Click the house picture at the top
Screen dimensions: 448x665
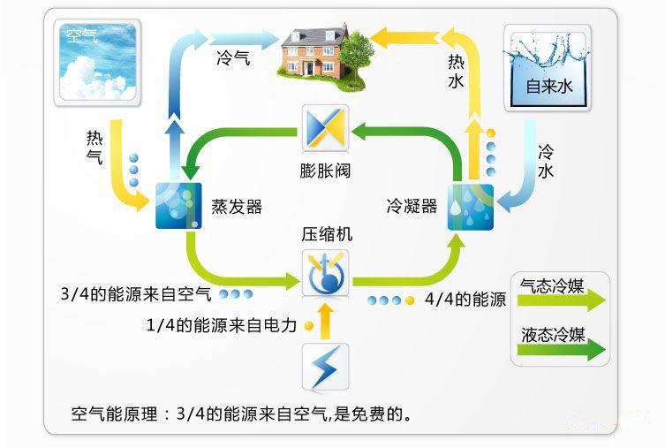coord(310,52)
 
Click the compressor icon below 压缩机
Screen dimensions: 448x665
coord(325,272)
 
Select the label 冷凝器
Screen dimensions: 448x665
coord(412,206)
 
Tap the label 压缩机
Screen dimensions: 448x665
coord(326,234)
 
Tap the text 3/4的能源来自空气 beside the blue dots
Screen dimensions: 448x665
coord(136,292)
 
